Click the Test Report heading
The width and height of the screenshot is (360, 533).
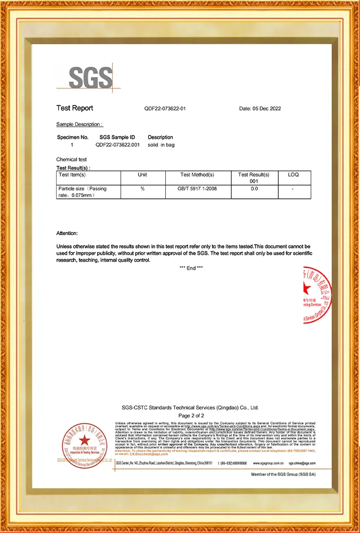point(75,108)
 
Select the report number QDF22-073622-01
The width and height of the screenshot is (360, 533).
point(165,109)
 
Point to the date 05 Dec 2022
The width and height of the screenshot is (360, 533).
point(260,109)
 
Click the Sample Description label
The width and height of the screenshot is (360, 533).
point(79,124)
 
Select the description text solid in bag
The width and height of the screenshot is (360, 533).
point(160,145)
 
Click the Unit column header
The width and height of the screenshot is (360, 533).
point(143,175)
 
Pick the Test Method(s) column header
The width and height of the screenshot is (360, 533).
point(197,175)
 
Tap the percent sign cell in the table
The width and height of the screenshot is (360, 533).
point(143,189)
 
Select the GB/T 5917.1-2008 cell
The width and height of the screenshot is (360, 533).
point(197,189)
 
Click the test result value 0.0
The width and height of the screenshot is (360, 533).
point(254,189)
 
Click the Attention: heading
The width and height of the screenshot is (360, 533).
point(67,233)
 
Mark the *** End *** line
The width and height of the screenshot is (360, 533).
point(191,267)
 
